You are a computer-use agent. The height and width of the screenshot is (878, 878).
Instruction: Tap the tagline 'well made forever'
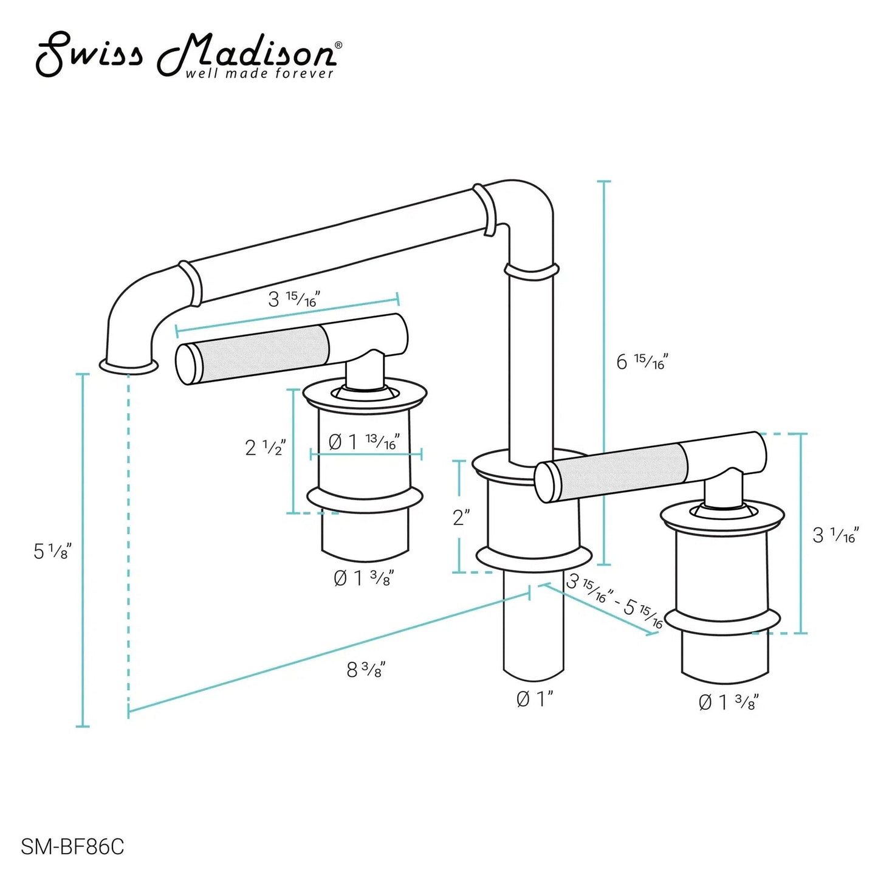(x=259, y=74)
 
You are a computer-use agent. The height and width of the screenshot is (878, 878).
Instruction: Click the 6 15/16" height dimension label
(x=642, y=362)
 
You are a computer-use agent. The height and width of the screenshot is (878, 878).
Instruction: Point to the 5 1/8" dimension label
(x=52, y=551)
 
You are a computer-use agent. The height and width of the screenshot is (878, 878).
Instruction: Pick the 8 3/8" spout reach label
(x=366, y=670)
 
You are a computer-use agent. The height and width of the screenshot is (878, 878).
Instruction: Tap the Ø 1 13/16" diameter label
(x=364, y=441)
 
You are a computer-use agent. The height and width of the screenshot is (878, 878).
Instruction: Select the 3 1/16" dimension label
(x=835, y=535)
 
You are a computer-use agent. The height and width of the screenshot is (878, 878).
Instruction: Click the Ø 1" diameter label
(x=535, y=712)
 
